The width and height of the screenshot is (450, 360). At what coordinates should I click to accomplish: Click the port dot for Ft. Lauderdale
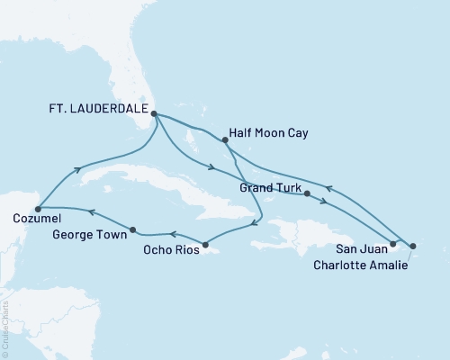(x=154, y=114)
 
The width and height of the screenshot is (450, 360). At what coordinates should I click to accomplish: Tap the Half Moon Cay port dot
(x=224, y=139)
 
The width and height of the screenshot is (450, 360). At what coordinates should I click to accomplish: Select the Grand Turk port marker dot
(x=308, y=193)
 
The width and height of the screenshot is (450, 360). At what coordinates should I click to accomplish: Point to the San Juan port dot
(x=392, y=244)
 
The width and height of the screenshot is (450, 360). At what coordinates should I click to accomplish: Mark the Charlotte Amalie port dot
(x=412, y=245)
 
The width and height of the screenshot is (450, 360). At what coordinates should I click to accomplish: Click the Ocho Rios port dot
(x=205, y=245)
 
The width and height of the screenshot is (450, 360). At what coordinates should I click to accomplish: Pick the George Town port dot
(x=133, y=229)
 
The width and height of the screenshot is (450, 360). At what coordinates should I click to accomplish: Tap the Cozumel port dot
(x=38, y=209)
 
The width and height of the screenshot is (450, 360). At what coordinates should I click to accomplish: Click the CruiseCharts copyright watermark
(x=5, y=328)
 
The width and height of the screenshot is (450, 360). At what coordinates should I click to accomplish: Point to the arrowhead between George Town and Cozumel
(x=91, y=211)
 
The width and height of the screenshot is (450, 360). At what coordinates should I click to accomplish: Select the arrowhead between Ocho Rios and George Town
(x=167, y=236)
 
